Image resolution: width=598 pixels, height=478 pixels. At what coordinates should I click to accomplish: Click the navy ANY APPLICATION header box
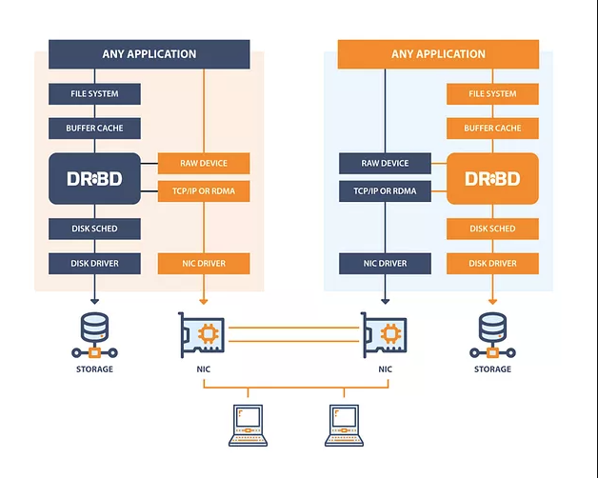pos(149,54)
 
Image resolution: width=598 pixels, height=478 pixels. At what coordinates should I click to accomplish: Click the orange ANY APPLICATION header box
pos(438,54)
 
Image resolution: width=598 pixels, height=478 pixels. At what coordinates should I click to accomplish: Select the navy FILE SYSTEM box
pos(95,94)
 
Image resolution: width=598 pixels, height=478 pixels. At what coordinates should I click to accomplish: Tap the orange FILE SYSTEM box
pos(492,94)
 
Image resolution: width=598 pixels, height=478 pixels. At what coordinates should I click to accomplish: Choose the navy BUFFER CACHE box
pos(95,129)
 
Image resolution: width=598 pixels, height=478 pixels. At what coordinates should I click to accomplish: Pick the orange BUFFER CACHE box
pos(492,129)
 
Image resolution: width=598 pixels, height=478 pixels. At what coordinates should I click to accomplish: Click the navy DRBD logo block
pos(95,178)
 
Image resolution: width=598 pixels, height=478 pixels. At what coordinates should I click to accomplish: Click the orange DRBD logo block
pos(492,178)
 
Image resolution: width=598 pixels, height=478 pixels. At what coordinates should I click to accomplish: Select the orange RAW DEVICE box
pos(203,164)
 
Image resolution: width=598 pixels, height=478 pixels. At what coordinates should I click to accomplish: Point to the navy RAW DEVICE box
pos(385,164)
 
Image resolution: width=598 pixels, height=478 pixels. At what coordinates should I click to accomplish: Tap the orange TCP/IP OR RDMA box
pos(203,191)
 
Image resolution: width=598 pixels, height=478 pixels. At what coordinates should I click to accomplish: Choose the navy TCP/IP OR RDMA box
pos(385,191)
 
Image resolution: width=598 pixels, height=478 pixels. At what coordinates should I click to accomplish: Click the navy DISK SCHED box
pos(95,229)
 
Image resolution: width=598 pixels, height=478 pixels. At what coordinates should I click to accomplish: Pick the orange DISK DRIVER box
pos(492,264)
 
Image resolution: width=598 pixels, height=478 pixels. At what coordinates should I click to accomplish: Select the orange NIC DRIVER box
pos(203,264)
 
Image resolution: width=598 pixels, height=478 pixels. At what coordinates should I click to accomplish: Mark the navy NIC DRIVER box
pos(385,264)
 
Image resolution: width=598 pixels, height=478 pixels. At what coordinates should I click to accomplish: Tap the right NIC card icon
pos(384,334)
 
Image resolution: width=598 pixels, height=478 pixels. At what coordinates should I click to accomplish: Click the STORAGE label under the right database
pos(492,369)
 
